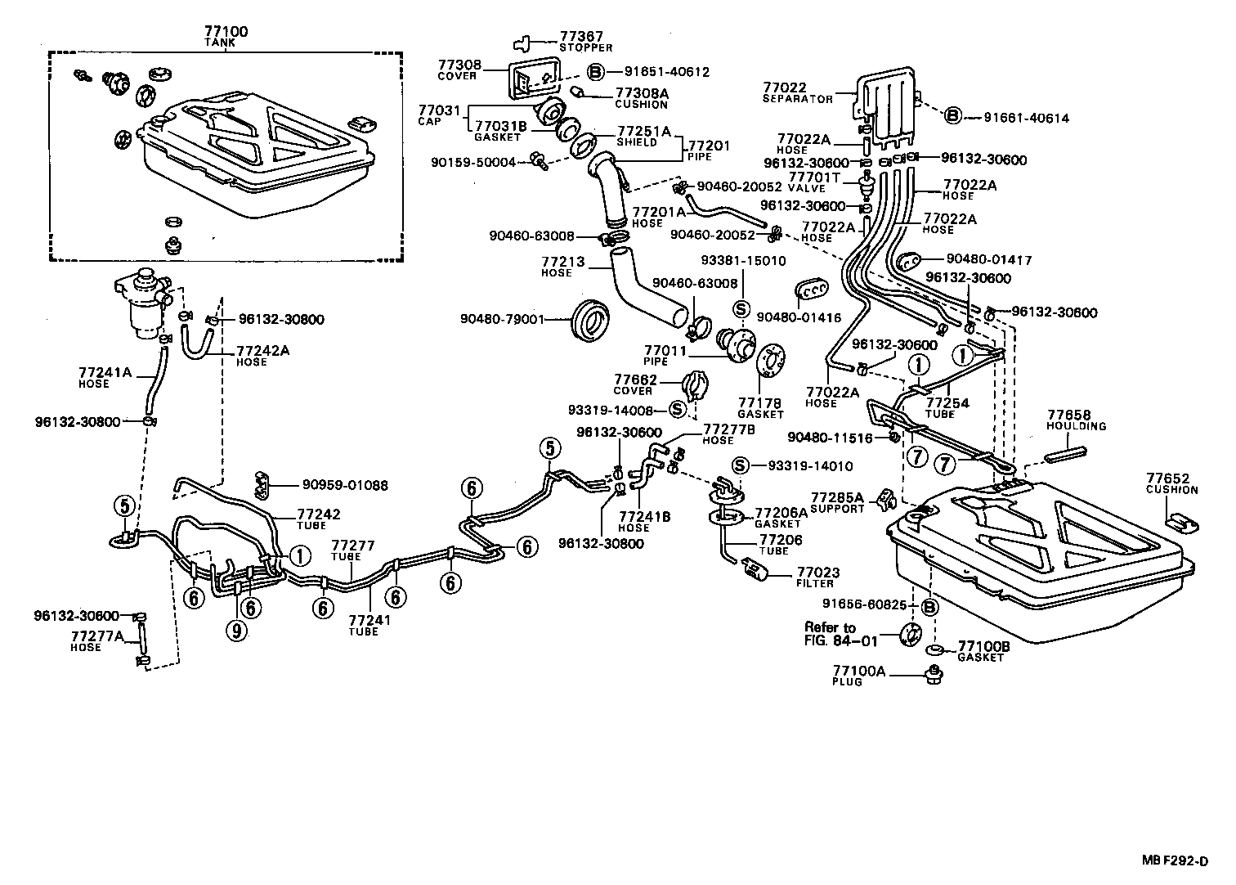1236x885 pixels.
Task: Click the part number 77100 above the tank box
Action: click(226, 32)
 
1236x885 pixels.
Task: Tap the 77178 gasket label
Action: click(760, 407)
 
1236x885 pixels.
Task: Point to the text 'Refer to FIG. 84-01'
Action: click(830, 634)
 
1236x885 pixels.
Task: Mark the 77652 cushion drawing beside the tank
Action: click(1180, 521)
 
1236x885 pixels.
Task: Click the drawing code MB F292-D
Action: click(1175, 861)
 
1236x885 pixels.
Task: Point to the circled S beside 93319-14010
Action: click(741, 466)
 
